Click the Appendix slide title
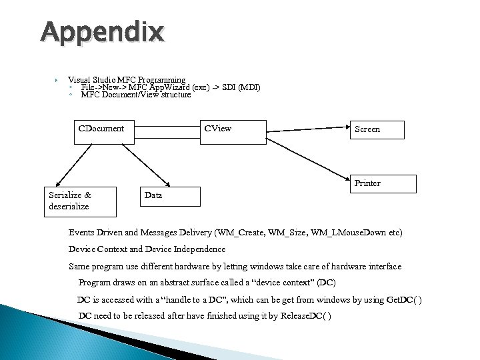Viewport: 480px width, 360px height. (101, 32)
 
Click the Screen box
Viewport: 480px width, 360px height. (377, 129)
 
